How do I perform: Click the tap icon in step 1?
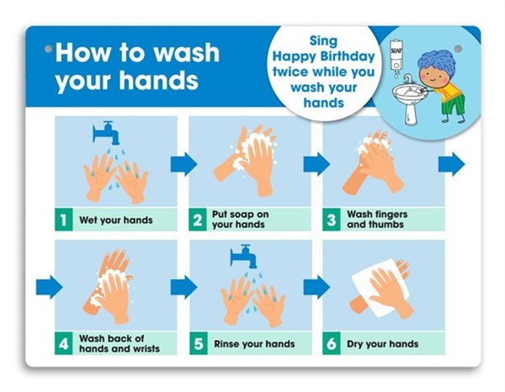(106, 132)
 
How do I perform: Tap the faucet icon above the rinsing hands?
(243, 256)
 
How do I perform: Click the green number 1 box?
(63, 220)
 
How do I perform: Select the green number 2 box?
(198, 220)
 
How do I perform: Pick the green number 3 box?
(332, 220)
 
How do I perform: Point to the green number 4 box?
(63, 344)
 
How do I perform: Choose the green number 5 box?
(198, 344)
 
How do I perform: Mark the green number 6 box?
(332, 344)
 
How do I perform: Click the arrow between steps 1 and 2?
(183, 164)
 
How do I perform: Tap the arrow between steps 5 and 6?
(317, 287)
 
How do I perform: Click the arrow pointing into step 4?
(50, 287)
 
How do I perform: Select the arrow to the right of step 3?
(451, 164)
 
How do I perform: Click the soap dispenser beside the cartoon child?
(396, 56)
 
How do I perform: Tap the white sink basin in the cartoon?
(407, 93)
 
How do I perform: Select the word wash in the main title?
(186, 53)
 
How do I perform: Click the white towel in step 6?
(380, 287)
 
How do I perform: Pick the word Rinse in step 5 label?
(226, 344)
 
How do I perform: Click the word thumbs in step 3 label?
(387, 225)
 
